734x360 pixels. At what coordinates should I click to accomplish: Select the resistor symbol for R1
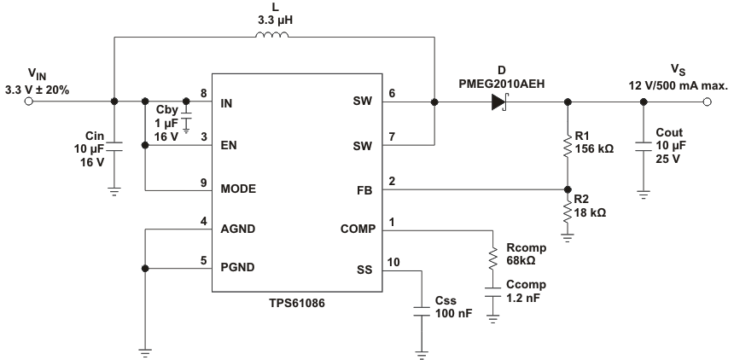point(568,147)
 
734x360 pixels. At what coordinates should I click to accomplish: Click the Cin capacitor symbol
point(114,148)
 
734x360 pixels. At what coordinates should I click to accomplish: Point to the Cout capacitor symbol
point(644,147)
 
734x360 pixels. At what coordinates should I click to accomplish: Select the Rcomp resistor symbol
point(493,258)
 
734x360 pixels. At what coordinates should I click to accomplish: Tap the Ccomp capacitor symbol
point(493,292)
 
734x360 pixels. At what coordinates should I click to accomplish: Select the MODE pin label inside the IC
point(238,188)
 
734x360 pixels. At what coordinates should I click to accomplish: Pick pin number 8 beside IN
point(203,93)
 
